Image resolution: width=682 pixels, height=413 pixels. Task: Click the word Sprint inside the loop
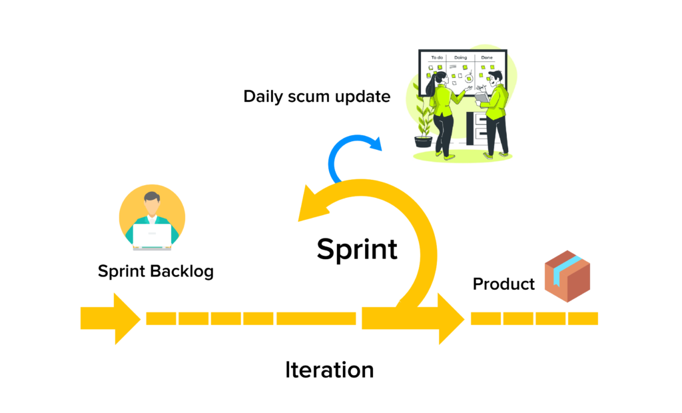pyautogui.click(x=357, y=249)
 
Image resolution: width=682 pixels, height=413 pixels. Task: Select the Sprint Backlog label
pyautogui.click(x=156, y=271)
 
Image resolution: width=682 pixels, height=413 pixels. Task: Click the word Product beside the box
pyautogui.click(x=504, y=284)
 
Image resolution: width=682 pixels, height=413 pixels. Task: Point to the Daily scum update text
pyautogui.click(x=316, y=96)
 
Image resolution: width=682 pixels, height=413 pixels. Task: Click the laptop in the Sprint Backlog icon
pyautogui.click(x=152, y=234)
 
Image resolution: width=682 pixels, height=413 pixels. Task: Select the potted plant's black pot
pyautogui.click(x=423, y=141)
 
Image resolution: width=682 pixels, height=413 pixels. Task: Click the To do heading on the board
pyautogui.click(x=437, y=58)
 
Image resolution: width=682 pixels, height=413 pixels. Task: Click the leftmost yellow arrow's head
pyautogui.click(x=127, y=318)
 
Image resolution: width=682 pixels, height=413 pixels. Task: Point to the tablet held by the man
pyautogui.click(x=481, y=97)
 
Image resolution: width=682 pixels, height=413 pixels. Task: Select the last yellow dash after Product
pyautogui.click(x=583, y=318)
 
